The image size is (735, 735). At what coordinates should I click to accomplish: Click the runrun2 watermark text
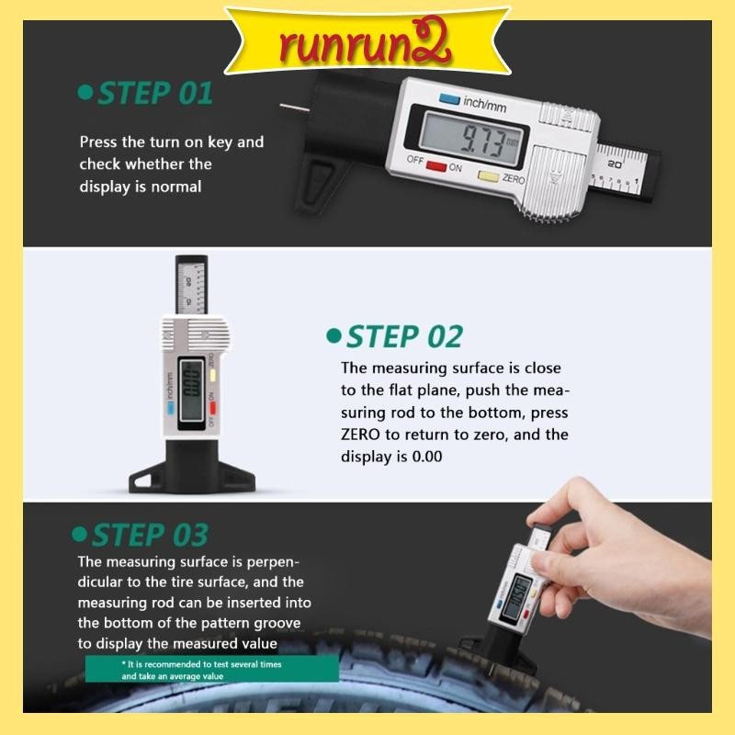367,40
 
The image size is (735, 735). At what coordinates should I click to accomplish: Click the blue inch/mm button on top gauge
449,100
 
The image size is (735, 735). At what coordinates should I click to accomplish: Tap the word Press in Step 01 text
97,142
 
